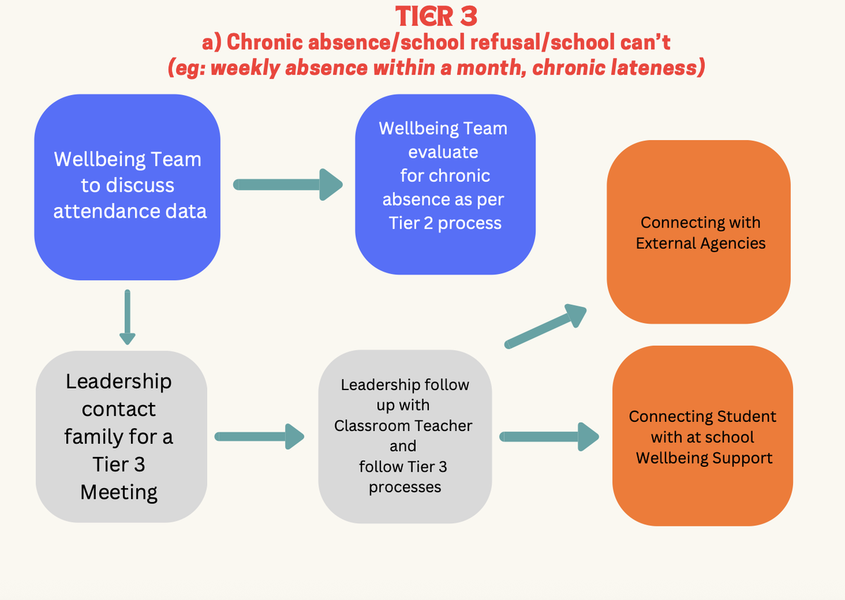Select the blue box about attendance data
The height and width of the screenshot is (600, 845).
tap(127, 187)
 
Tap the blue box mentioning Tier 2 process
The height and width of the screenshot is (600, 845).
tap(445, 185)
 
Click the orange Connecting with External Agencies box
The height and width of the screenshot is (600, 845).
tap(699, 232)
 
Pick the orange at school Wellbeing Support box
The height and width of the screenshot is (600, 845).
tap(703, 436)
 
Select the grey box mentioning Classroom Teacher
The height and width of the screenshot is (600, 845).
tap(404, 437)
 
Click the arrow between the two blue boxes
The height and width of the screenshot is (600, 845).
tap(287, 185)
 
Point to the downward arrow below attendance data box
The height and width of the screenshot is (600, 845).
tap(127, 317)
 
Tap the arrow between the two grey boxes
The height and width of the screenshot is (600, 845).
tap(258, 436)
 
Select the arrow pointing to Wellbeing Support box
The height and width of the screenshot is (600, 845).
tap(549, 437)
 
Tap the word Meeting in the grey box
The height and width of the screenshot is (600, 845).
tap(119, 492)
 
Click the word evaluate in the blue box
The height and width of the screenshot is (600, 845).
tap(443, 152)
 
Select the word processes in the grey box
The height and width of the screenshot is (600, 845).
tap(405, 487)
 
